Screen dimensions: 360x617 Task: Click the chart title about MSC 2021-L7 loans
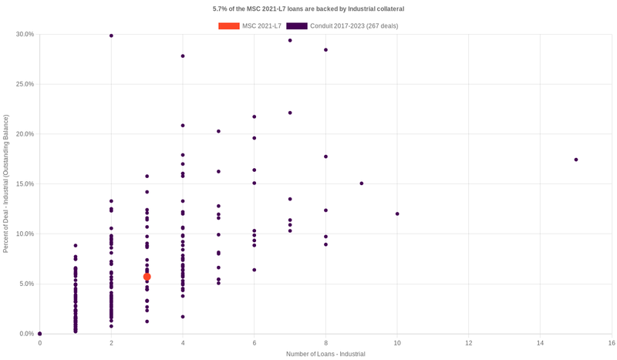coord(308,8)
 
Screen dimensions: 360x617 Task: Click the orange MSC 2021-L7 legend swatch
coord(228,26)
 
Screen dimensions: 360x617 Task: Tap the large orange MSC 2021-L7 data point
coord(147,277)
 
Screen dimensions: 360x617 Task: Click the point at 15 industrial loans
coord(576,160)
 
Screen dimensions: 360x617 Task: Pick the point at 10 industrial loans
coord(397,214)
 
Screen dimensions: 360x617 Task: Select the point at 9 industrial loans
coord(362,183)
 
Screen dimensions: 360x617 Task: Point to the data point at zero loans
coord(40,334)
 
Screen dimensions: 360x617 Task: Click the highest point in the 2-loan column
coord(111,35)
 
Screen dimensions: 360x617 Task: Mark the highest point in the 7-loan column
coord(290,40)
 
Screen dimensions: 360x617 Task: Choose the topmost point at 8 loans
coord(325,50)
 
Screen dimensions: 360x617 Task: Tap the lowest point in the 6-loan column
coord(255,270)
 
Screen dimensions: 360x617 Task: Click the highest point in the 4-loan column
coord(183,56)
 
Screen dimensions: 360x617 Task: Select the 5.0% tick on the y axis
coord(26,284)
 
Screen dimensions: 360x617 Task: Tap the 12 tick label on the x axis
coord(469,342)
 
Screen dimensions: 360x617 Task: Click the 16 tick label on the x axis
coord(611,342)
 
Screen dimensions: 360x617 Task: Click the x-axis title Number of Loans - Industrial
coord(325,354)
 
